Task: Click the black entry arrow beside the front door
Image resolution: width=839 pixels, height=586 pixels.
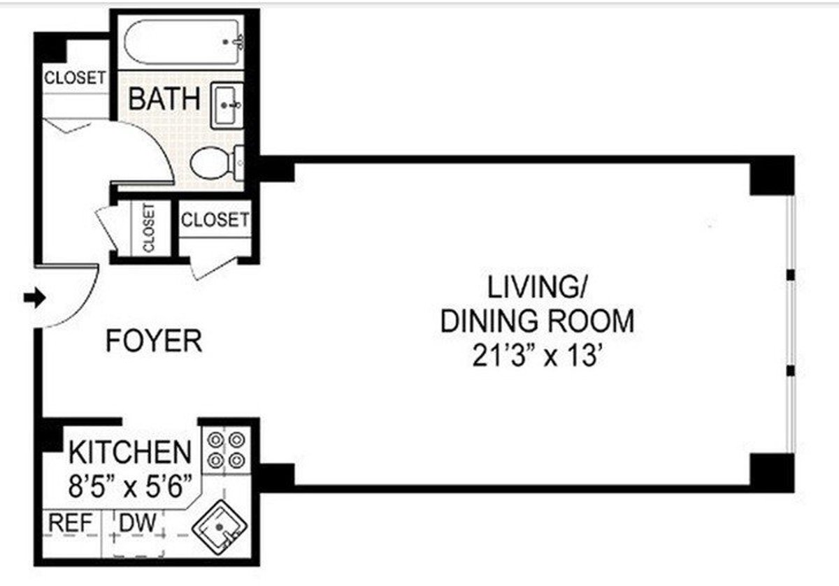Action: [34, 298]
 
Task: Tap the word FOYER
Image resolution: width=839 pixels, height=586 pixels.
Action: [154, 342]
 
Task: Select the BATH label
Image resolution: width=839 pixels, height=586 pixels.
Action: [164, 98]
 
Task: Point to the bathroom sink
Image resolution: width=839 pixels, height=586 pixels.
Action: [228, 105]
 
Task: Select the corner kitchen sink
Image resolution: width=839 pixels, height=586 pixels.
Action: [220, 529]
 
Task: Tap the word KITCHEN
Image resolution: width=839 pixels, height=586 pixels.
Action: [129, 453]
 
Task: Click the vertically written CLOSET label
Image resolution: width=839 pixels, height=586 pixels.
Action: [148, 228]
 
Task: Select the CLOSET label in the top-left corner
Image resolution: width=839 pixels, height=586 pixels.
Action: [75, 78]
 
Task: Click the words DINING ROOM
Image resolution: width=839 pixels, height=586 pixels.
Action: [538, 321]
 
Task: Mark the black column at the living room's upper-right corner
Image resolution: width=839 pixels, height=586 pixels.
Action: [772, 175]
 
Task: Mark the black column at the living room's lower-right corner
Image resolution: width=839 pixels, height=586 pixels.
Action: [772, 474]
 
